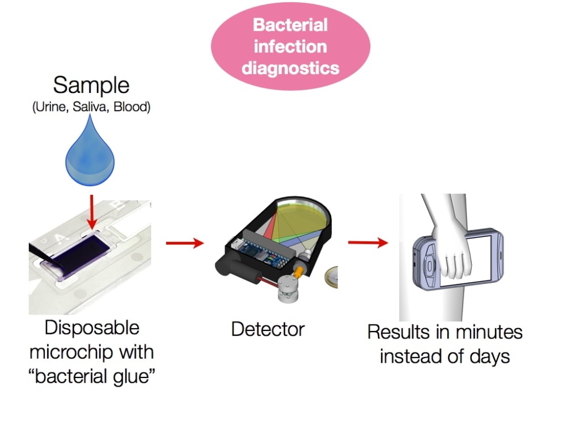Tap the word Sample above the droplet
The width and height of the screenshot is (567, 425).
(x=91, y=86)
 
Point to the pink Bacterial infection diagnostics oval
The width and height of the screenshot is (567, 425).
(x=290, y=46)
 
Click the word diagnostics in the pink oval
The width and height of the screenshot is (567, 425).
(x=290, y=68)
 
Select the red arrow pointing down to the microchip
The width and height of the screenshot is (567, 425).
(x=92, y=212)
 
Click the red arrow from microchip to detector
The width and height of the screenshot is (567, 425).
(x=185, y=243)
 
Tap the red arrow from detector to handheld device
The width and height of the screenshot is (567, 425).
(x=368, y=242)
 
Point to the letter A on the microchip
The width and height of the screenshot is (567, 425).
(x=60, y=239)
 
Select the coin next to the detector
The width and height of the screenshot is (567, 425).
(x=331, y=278)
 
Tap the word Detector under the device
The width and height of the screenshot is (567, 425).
(x=268, y=330)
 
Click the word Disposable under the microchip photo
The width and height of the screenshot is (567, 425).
(x=92, y=328)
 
